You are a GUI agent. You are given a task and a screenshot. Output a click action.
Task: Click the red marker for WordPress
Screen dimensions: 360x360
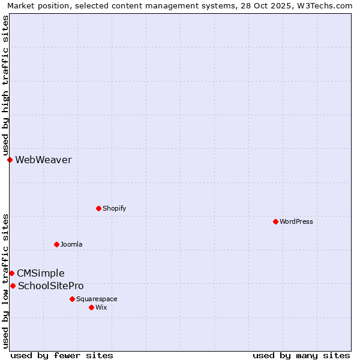click(x=275, y=221)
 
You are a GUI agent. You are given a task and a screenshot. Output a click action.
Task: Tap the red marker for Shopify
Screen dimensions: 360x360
click(x=98, y=208)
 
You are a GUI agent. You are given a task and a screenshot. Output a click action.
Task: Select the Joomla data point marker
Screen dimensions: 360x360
click(x=56, y=244)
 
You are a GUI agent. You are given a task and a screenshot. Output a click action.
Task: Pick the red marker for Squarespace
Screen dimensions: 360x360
click(x=72, y=299)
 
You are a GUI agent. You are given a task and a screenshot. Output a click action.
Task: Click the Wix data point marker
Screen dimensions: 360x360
click(x=91, y=307)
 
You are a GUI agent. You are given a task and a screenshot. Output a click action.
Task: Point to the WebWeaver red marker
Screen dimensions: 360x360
click(x=10, y=160)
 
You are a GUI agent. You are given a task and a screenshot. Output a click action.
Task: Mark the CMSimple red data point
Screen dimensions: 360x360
click(x=11, y=273)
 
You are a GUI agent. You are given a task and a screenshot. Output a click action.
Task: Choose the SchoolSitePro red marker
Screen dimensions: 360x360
click(x=13, y=286)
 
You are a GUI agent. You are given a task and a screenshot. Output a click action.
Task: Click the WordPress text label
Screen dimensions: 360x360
click(x=296, y=221)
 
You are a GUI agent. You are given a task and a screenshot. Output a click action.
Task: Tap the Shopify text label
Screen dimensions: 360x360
click(x=114, y=208)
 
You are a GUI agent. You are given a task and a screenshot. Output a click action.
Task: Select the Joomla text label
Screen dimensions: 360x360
click(x=71, y=244)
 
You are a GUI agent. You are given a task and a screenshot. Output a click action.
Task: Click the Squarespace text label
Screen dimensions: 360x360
click(x=97, y=299)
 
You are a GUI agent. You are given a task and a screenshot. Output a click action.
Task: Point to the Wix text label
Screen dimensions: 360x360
click(x=101, y=307)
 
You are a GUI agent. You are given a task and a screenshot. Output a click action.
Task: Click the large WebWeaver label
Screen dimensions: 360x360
click(x=43, y=160)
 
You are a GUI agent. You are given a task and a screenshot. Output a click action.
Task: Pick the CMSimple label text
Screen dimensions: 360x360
click(x=40, y=273)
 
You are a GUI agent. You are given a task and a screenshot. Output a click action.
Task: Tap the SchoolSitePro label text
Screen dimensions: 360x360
click(x=51, y=286)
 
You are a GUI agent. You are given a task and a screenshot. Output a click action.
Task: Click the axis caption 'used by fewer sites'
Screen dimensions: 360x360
click(x=62, y=355)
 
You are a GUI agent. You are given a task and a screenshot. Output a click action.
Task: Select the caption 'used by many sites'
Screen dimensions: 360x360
click(x=301, y=355)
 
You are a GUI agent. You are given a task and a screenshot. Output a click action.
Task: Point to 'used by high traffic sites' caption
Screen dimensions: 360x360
click(x=5, y=86)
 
